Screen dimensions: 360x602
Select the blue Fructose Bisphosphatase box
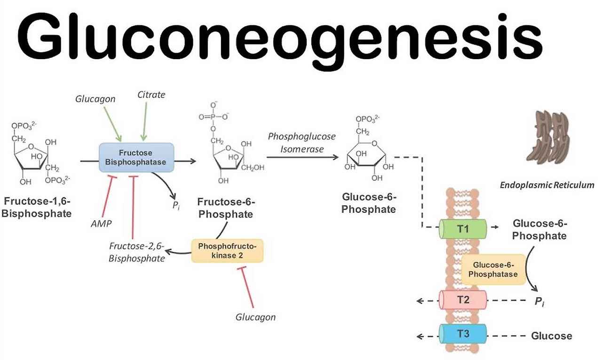(136, 157)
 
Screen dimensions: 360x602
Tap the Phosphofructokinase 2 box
(228, 250)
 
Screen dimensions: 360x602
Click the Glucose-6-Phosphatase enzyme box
(493, 270)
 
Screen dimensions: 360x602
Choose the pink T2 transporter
(462, 300)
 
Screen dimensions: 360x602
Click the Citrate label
(151, 94)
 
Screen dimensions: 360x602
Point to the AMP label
(101, 224)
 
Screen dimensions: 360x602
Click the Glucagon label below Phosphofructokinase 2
(255, 317)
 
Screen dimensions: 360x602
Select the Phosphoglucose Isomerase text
(302, 142)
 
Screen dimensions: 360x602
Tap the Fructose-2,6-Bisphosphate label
(137, 252)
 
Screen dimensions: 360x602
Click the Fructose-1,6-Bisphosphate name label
(38, 207)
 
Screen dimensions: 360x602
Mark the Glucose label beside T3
(552, 336)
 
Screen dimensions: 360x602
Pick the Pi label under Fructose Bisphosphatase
(176, 205)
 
